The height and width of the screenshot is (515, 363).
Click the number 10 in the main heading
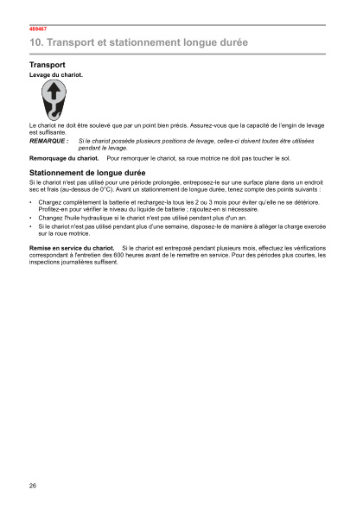[35, 42]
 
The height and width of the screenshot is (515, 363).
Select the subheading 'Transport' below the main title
[48, 65]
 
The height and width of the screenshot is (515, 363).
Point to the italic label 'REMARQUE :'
[48, 140]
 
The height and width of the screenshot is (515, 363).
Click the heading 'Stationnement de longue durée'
[87, 174]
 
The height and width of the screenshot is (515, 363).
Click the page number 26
[33, 485]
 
